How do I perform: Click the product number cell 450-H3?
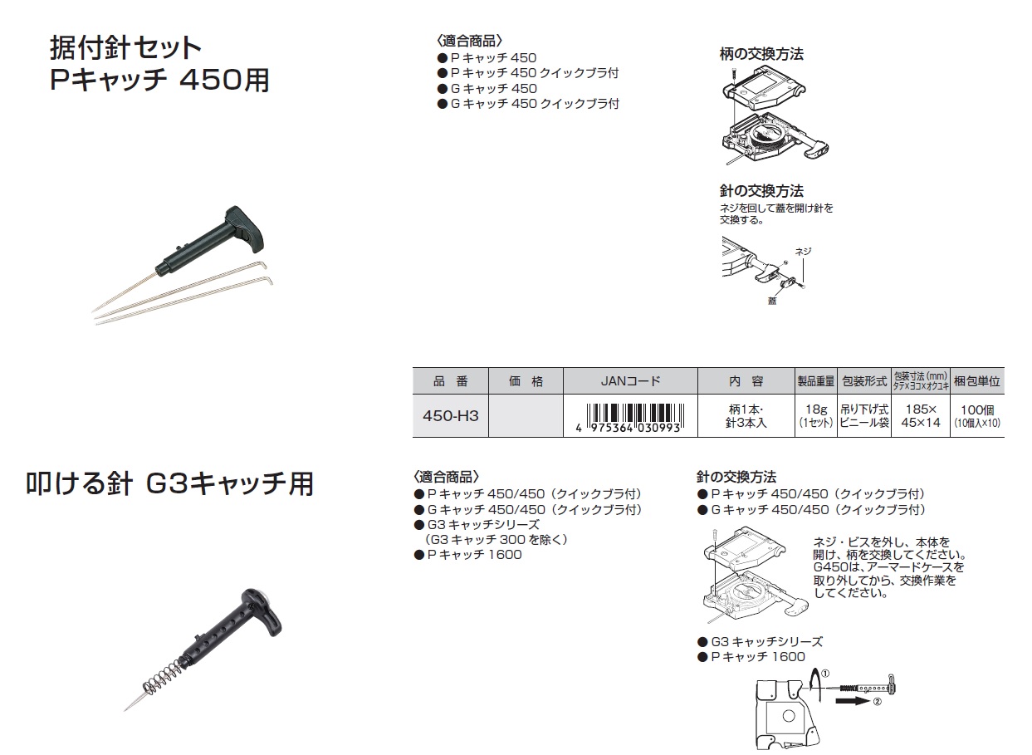click(451, 416)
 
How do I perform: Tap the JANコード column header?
click(630, 381)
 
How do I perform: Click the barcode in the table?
click(630, 418)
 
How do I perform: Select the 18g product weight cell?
click(816, 416)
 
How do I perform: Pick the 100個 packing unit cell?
click(977, 416)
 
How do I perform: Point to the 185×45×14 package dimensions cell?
click(921, 416)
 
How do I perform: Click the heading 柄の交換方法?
click(761, 54)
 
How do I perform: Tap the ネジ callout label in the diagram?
click(803, 252)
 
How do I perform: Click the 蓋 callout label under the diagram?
click(772, 301)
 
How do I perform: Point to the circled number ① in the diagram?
click(825, 674)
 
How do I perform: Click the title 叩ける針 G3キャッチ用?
click(169, 484)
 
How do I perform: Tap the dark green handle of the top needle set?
click(217, 241)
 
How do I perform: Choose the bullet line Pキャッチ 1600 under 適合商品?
click(468, 555)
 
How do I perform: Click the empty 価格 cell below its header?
click(526, 416)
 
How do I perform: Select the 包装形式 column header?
click(864, 381)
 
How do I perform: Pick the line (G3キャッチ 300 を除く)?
click(496, 539)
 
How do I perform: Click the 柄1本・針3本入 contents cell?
click(746, 416)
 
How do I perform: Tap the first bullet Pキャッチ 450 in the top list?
click(487, 58)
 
